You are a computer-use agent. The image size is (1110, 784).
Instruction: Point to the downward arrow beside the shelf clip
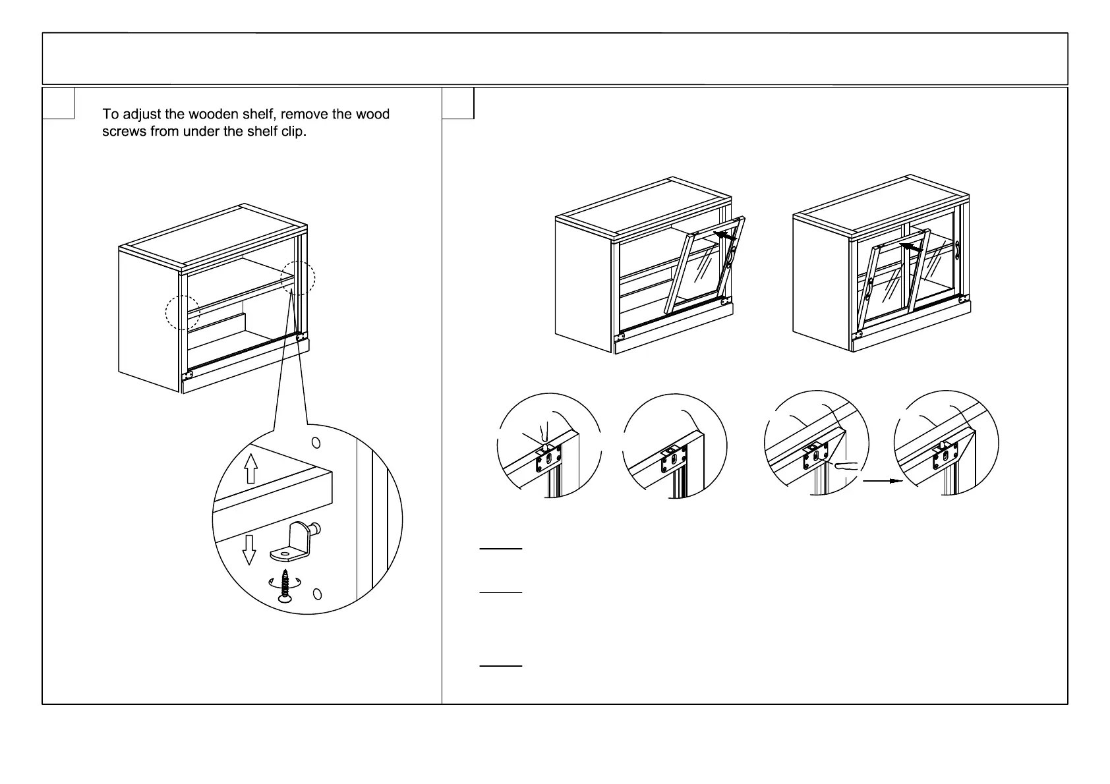pyautogui.click(x=248, y=549)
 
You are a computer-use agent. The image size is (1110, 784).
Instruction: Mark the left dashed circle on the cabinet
pyautogui.click(x=183, y=312)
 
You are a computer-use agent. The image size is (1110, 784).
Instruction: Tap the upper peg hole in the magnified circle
pyautogui.click(x=316, y=442)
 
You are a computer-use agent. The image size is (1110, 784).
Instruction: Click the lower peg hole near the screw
pyautogui.click(x=317, y=594)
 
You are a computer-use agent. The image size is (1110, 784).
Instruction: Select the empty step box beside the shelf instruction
pyautogui.click(x=58, y=103)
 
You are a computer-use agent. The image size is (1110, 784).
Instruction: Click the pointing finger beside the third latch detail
pyautogui.click(x=845, y=467)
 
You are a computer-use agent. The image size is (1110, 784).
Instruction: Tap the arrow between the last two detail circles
pyautogui.click(x=882, y=481)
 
